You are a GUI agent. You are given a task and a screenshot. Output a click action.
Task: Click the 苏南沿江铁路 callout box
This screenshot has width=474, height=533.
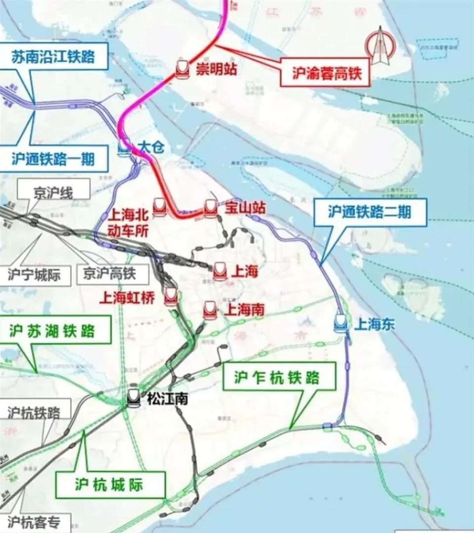[x=53, y=56]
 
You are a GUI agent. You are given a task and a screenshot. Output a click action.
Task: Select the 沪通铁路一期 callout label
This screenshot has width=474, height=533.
[x=53, y=159]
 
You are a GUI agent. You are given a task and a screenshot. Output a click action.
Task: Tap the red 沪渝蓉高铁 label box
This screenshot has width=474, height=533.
[x=324, y=74]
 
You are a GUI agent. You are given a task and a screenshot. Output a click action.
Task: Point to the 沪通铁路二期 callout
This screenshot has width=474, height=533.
[x=370, y=212]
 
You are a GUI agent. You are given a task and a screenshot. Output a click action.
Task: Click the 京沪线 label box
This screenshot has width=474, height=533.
[x=53, y=193]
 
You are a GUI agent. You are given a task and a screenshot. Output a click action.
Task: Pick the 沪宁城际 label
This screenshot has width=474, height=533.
[x=34, y=274]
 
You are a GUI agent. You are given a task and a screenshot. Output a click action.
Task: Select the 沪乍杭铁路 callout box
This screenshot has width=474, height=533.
[x=277, y=378]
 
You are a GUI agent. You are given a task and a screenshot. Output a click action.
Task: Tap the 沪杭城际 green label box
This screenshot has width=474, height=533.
[x=110, y=485]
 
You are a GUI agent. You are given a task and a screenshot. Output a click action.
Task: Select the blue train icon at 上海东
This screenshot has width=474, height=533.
[x=341, y=323]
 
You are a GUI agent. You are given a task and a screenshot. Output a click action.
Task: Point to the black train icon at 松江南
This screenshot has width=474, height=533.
[x=133, y=397]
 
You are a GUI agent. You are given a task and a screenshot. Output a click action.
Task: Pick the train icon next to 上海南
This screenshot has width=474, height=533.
[x=210, y=310]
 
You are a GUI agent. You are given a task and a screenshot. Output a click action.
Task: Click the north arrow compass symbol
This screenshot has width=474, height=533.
[x=379, y=46]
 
